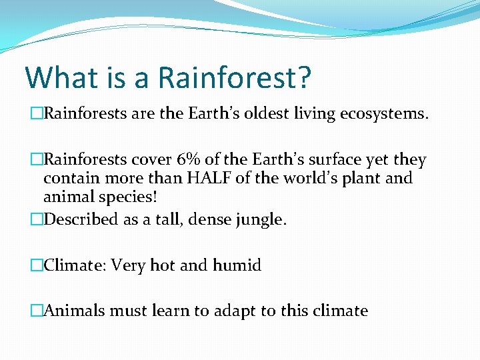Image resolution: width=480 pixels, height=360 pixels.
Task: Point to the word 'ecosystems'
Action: coord(394,114)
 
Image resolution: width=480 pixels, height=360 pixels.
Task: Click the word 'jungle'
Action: coord(260,219)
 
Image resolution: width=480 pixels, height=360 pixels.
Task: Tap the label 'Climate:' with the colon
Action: coord(74,265)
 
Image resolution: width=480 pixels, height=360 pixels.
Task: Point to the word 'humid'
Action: coord(237,265)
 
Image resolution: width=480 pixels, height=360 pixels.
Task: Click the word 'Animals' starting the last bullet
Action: coord(73,311)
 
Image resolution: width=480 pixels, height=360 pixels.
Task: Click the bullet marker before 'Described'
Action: coord(37,219)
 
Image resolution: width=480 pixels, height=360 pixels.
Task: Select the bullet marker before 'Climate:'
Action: coord(37,265)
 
